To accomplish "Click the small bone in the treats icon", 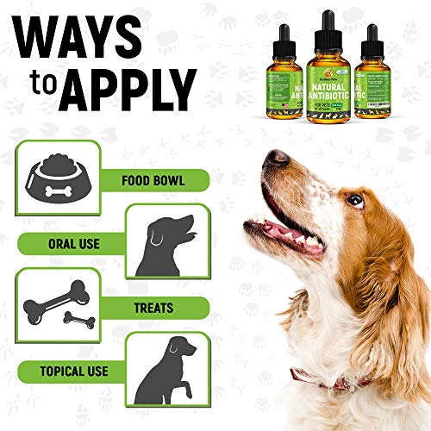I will coord(78,321).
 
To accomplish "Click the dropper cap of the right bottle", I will coord(372,38).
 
